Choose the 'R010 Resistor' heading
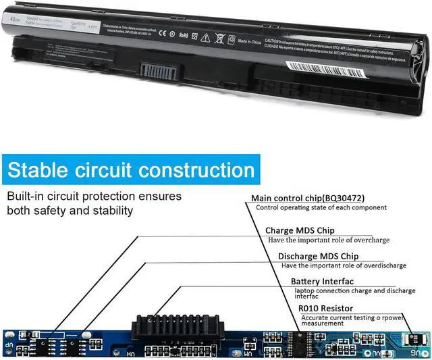325,308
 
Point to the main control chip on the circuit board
294,340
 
